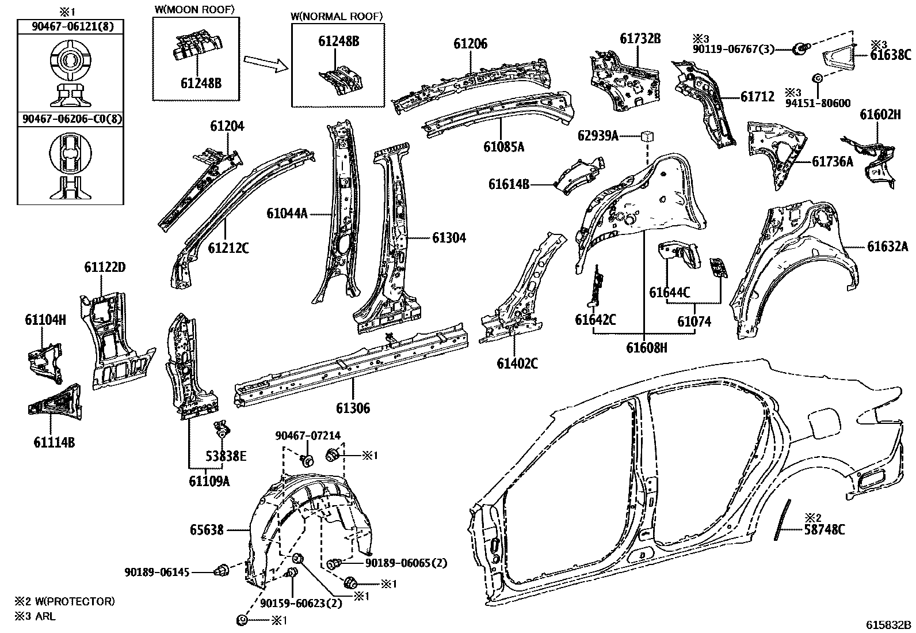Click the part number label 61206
pyautogui.click(x=470, y=44)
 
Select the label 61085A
pyautogui.click(x=504, y=146)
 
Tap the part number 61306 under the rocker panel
pyautogui.click(x=353, y=408)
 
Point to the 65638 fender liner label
pyautogui.click(x=207, y=530)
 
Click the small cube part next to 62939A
pyautogui.click(x=647, y=136)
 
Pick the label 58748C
pyautogui.click(x=825, y=529)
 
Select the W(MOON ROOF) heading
pyautogui.click(x=194, y=10)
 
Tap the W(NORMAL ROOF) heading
pyautogui.click(x=337, y=16)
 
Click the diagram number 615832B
pyautogui.click(x=888, y=625)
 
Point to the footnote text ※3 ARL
pyautogui.click(x=35, y=616)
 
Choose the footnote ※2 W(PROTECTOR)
pyautogui.click(x=65, y=601)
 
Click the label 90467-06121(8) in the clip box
pyautogui.click(x=73, y=26)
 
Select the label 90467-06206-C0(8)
pyautogui.click(x=72, y=119)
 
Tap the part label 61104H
pyautogui.click(x=45, y=320)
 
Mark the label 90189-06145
pyautogui.click(x=157, y=572)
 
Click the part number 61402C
pyautogui.click(x=517, y=363)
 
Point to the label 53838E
pyautogui.click(x=226, y=456)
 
